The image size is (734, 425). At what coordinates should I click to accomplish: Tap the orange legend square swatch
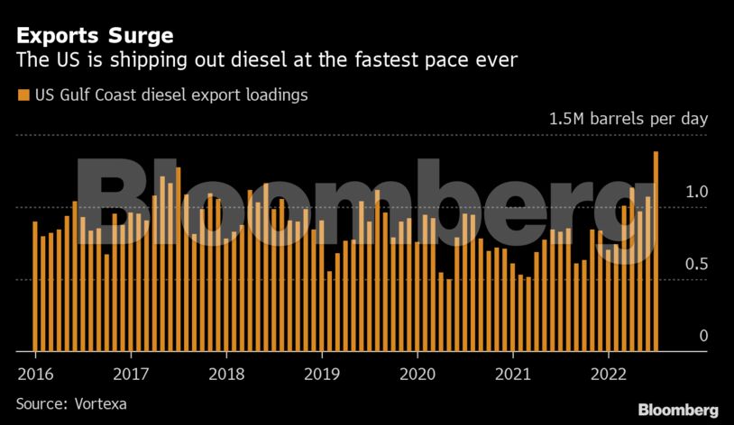22,95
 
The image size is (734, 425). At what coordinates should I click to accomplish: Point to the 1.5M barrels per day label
629,119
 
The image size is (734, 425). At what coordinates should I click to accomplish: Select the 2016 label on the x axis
34,374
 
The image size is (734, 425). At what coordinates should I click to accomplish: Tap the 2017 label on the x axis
131,374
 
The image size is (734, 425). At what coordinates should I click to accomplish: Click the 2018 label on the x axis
226,374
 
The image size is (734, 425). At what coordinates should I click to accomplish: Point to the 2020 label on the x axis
417,374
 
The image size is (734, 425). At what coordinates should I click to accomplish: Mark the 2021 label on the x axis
513,374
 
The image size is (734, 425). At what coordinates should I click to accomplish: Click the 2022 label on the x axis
609,374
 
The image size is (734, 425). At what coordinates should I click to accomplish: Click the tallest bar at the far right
656,252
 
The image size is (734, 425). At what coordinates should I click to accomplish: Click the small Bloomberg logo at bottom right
678,410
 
